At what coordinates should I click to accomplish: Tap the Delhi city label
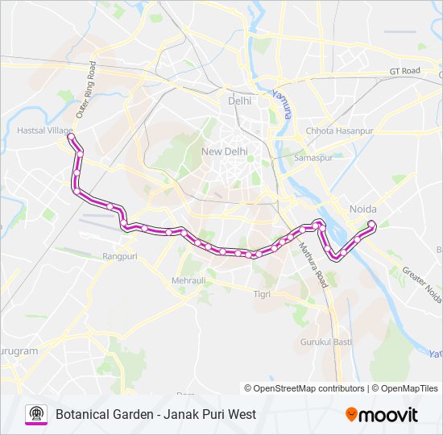point(239,101)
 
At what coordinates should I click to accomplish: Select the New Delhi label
point(223,151)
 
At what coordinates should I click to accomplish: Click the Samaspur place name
point(313,158)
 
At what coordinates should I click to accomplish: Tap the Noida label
point(362,209)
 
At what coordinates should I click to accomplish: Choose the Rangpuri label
point(120,255)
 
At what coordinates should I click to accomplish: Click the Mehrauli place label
point(188,280)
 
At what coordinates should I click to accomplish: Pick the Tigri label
point(262,294)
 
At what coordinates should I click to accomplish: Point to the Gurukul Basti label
point(326,342)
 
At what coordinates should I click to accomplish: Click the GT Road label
point(405,71)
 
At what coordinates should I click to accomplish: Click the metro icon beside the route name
point(36,414)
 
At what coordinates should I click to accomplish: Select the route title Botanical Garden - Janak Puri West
point(155,414)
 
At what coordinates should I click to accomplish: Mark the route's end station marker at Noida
point(371,223)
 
